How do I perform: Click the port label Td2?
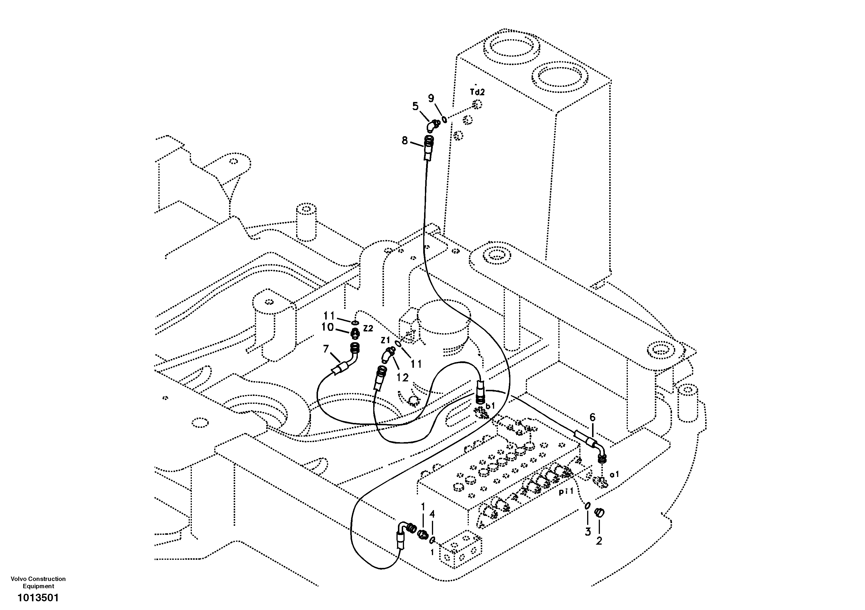(477, 92)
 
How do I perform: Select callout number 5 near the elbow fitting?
(415, 106)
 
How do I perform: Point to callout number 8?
(405, 141)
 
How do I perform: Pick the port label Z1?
(385, 340)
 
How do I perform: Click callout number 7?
(326, 349)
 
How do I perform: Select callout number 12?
(402, 378)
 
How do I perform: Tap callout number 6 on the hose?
(592, 417)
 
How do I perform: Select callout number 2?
(599, 541)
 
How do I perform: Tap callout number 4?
(432, 514)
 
